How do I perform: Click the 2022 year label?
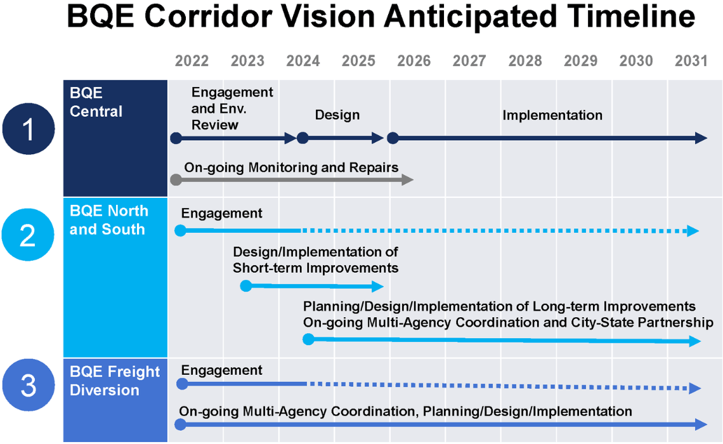click(192, 61)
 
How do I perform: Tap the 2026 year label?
click(414, 61)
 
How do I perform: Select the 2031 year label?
click(691, 61)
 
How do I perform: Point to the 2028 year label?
click(525, 61)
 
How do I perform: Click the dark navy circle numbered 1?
click(28, 129)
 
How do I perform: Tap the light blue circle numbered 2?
click(28, 235)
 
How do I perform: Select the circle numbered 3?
click(28, 385)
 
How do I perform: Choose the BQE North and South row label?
click(108, 220)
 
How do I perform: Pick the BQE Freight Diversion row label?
click(114, 381)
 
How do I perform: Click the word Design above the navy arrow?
click(337, 115)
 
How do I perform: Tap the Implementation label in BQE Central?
click(552, 115)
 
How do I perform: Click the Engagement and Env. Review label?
click(232, 108)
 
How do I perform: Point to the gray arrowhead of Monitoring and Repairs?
click(408, 180)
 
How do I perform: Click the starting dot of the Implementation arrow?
click(393, 138)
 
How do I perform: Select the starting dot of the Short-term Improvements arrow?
click(246, 286)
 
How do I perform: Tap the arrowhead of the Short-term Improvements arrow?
click(378, 286)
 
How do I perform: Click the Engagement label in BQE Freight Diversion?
click(221, 370)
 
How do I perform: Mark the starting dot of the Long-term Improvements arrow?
click(308, 339)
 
